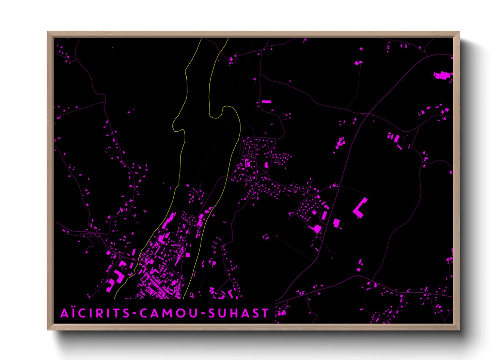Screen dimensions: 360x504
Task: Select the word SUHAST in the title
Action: click(x=238, y=313)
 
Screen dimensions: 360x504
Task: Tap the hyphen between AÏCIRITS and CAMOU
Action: click(x=135, y=313)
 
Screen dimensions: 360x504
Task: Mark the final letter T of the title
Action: click(x=265, y=313)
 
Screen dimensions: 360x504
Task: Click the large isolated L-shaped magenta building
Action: click(x=360, y=208)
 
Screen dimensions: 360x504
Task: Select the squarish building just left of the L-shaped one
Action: click(x=336, y=223)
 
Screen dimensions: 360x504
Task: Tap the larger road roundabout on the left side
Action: click(x=98, y=234)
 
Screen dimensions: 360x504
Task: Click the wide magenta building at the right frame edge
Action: click(x=442, y=75)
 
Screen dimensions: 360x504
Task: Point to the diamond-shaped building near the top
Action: click(x=357, y=63)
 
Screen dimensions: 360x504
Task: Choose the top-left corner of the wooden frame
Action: click(x=48, y=32)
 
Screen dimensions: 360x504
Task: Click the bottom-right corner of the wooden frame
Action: click(x=459, y=329)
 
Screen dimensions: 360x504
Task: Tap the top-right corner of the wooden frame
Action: click(x=459, y=32)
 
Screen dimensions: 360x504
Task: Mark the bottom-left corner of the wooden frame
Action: click(x=48, y=329)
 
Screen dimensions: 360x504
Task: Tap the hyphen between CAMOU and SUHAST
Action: click(x=203, y=313)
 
